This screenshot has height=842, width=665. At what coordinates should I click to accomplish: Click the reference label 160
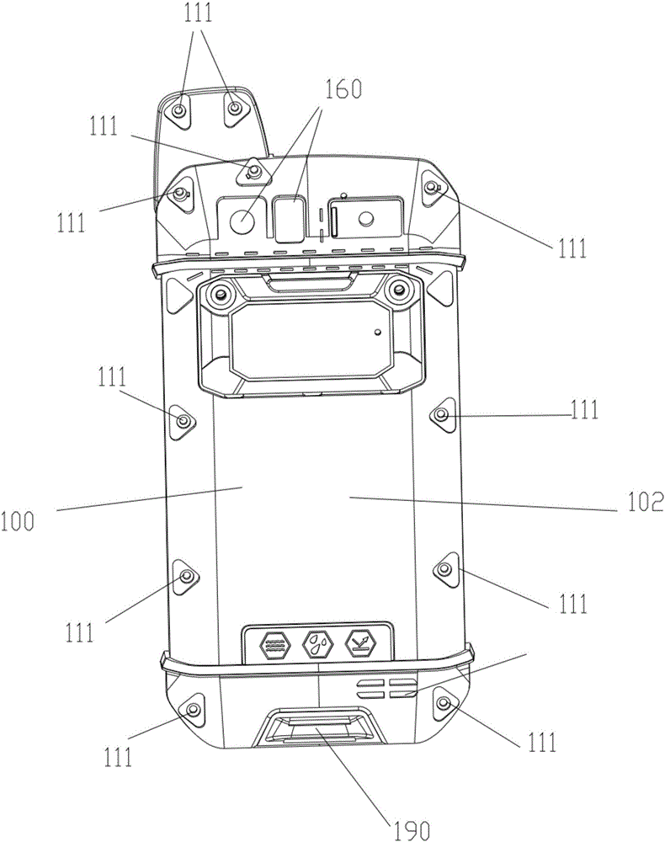tap(343, 89)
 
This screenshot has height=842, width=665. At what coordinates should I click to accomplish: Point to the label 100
tap(17, 521)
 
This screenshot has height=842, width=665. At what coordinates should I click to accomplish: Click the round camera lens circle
tap(242, 218)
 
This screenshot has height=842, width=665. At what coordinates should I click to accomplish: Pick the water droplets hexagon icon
tap(318, 642)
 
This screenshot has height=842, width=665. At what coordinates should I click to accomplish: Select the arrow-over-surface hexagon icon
tap(360, 642)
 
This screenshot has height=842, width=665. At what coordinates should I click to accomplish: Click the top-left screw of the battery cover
tap(219, 293)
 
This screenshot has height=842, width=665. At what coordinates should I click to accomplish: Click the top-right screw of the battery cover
tap(397, 290)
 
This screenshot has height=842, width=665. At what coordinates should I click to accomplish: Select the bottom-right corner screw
tap(444, 702)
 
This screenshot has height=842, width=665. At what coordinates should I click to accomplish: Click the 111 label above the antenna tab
tap(199, 13)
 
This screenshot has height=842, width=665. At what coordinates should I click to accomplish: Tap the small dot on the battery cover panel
tap(378, 332)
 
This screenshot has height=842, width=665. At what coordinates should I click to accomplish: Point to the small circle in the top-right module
tap(366, 218)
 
